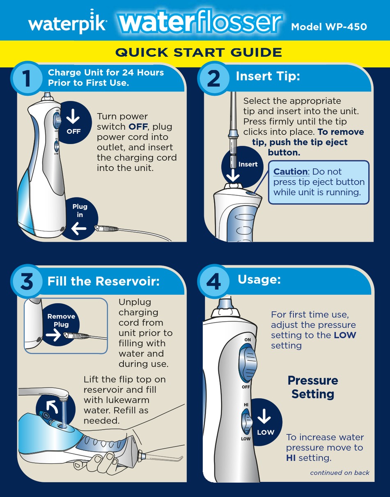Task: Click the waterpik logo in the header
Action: tap(68, 25)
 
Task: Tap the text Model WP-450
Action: tap(329, 27)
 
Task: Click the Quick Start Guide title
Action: tap(199, 53)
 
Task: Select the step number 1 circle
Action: tap(26, 78)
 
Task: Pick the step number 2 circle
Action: tap(213, 78)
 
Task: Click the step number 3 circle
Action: tap(26, 282)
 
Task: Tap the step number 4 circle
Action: tap(213, 282)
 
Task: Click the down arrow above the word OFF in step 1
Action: tap(73, 117)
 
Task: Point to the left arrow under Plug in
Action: tap(79, 229)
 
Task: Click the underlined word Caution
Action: tap(291, 172)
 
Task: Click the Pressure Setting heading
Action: tap(313, 387)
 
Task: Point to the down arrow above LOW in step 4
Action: tap(264, 418)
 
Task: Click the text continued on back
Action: tap(340, 472)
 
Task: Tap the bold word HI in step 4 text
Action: tap(291, 458)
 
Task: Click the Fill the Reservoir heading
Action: tap(103, 281)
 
